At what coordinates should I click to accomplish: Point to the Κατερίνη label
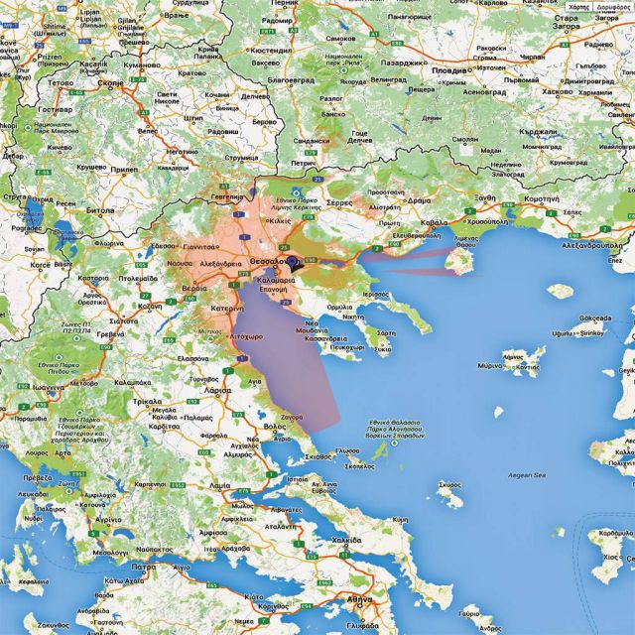tap(226, 310)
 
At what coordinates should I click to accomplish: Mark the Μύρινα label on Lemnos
tap(491, 365)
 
